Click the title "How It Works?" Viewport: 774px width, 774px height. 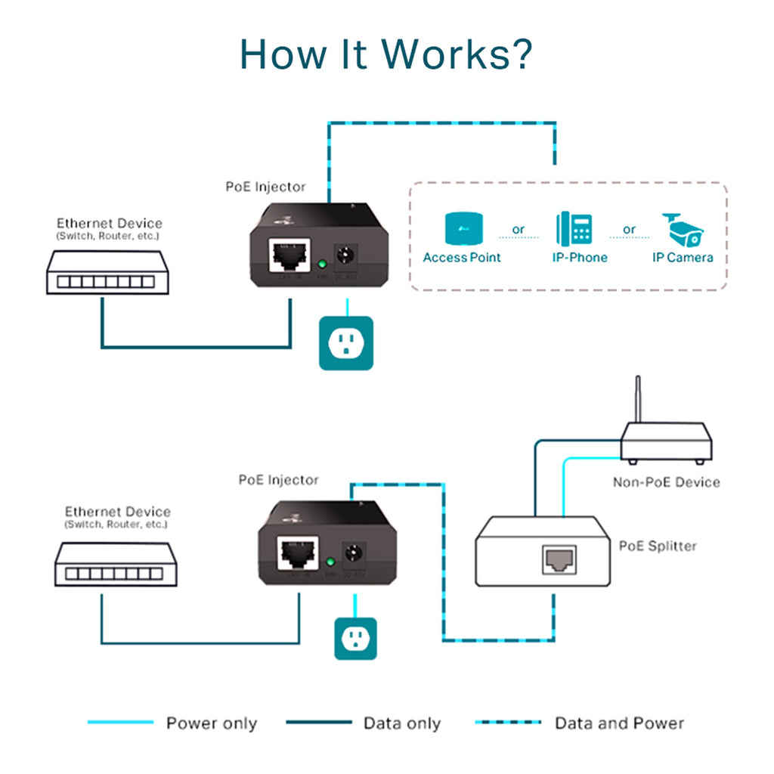coord(386,54)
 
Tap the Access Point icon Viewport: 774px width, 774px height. coord(462,229)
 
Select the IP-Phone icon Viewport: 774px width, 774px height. coord(574,229)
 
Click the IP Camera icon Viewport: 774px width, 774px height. coord(683,228)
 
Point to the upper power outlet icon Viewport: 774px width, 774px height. coord(346,343)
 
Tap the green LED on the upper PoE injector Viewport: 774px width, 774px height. coord(320,265)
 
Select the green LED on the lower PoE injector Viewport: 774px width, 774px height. coord(330,562)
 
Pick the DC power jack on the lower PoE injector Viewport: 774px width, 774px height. coord(352,553)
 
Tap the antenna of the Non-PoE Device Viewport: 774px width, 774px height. coord(637,399)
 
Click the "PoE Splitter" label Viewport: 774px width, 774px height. coord(658,546)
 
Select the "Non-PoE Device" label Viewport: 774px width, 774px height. coord(666,482)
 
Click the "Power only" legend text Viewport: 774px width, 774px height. coord(212,723)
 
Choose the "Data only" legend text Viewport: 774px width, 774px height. coord(401,723)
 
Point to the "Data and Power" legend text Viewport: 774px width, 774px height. coord(619,723)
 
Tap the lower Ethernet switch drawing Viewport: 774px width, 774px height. coord(115,565)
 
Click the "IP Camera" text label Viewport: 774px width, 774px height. coord(683,258)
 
